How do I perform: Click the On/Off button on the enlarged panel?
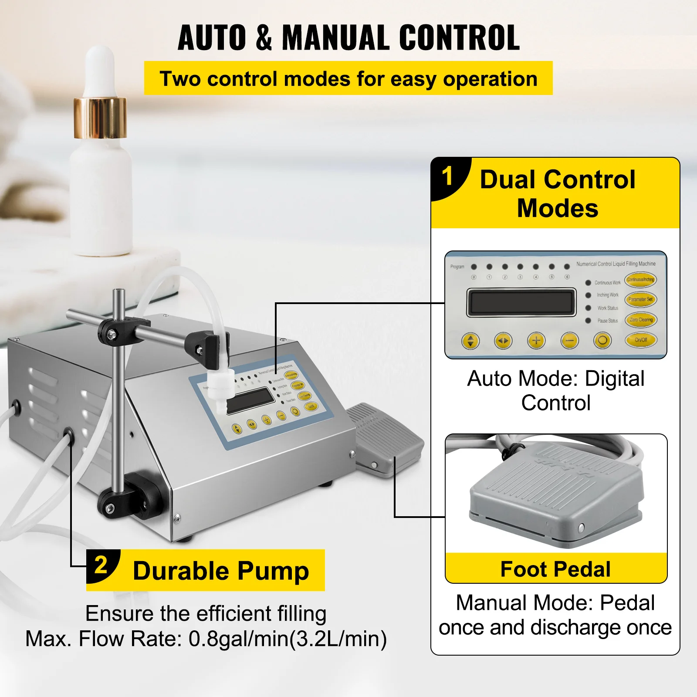640,340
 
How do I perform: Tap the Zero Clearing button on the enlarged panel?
640,320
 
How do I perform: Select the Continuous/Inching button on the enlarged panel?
640,280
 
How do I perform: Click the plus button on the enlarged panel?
536,341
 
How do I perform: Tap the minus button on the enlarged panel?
569,341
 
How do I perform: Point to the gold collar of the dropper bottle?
100,118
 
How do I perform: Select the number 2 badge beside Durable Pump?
101,565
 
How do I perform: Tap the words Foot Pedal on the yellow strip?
555,569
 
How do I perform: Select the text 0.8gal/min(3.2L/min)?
288,639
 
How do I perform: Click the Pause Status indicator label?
607,321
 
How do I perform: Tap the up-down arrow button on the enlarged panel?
470,341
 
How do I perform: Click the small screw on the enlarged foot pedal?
581,528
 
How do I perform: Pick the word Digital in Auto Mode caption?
614,379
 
